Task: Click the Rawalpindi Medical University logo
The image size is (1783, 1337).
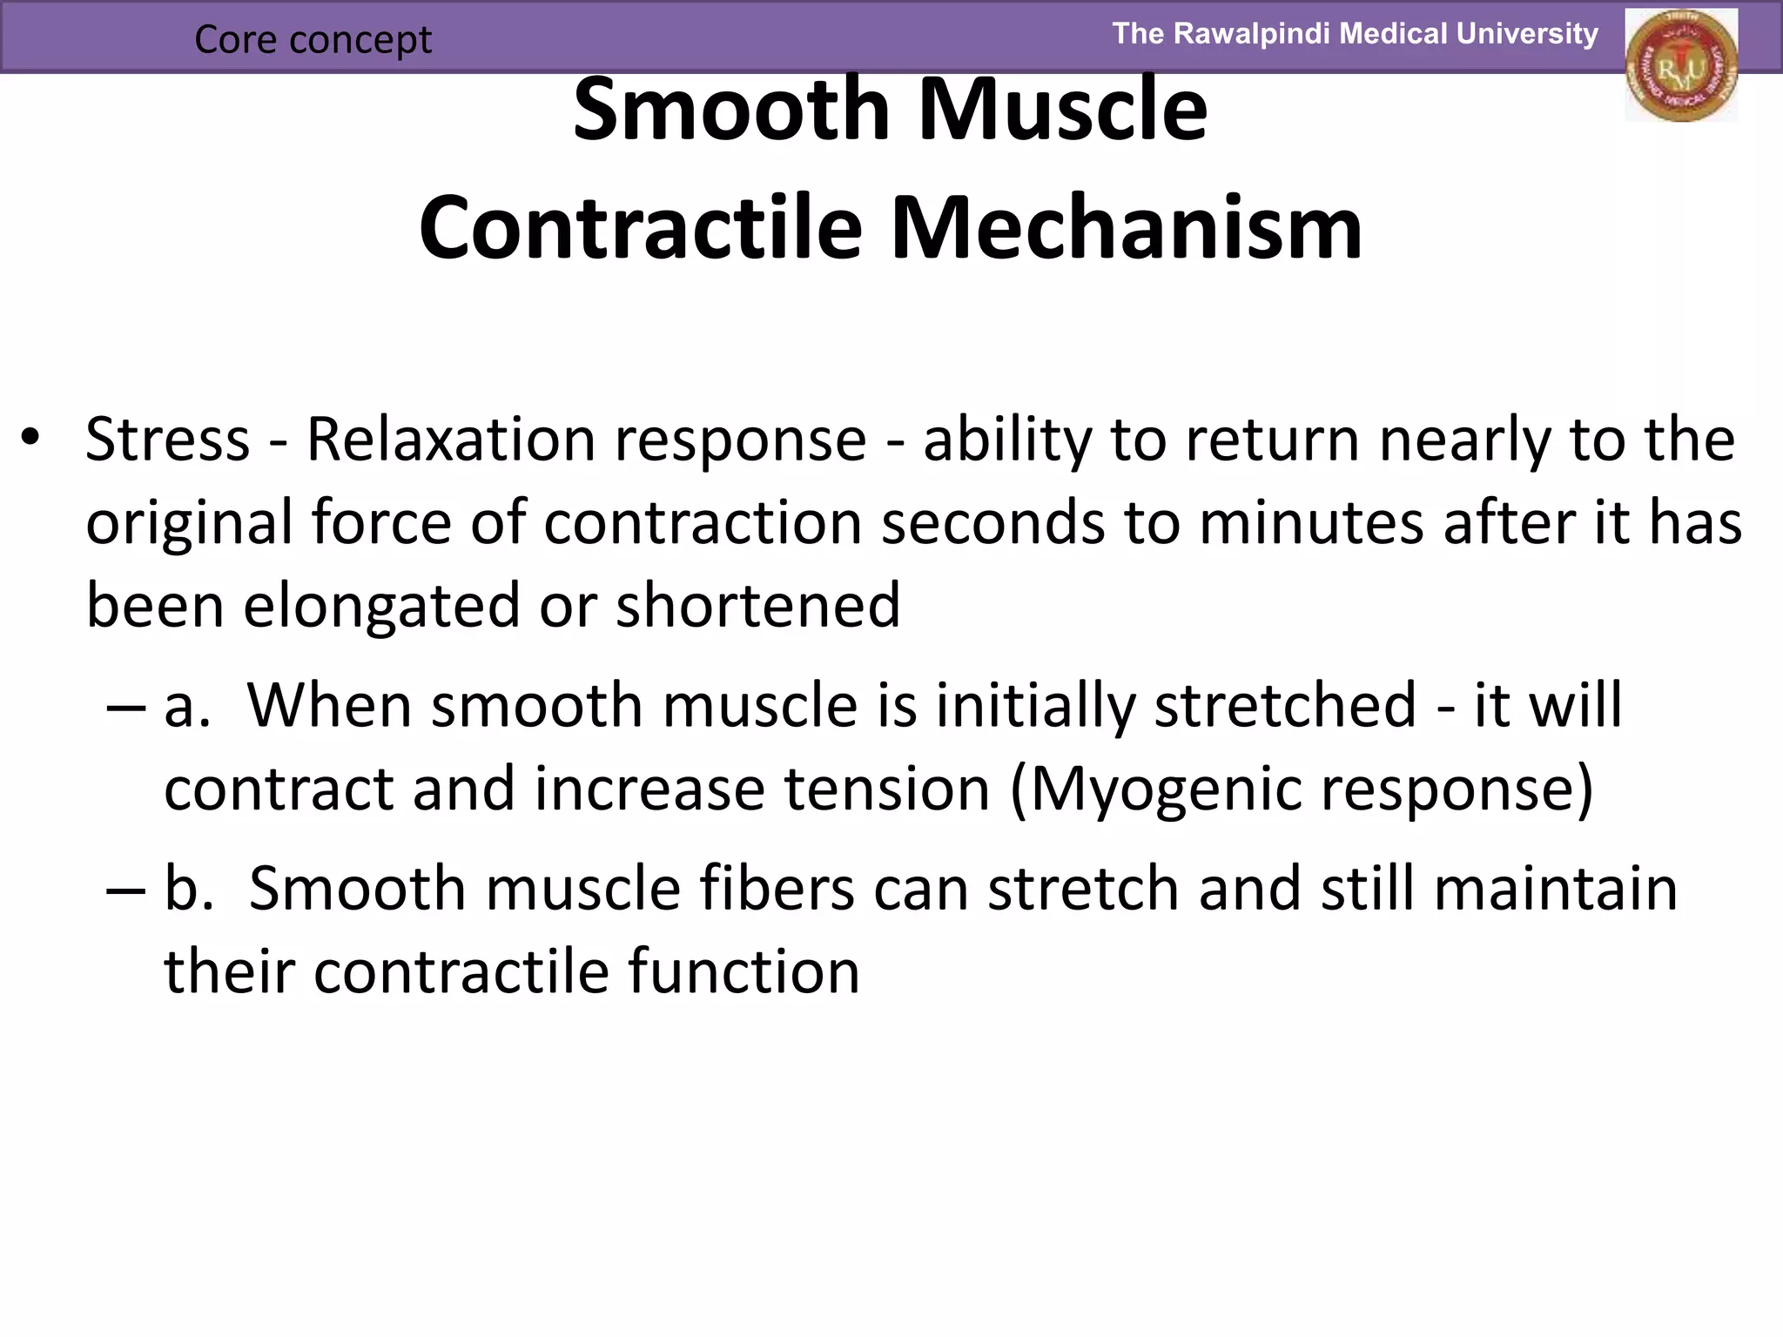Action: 1681,66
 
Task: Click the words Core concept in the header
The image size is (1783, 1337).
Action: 313,39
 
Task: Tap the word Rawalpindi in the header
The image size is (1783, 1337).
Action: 1251,34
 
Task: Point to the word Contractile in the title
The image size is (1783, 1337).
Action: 640,228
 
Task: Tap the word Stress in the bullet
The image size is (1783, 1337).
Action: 167,440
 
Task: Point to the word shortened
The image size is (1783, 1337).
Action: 757,605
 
